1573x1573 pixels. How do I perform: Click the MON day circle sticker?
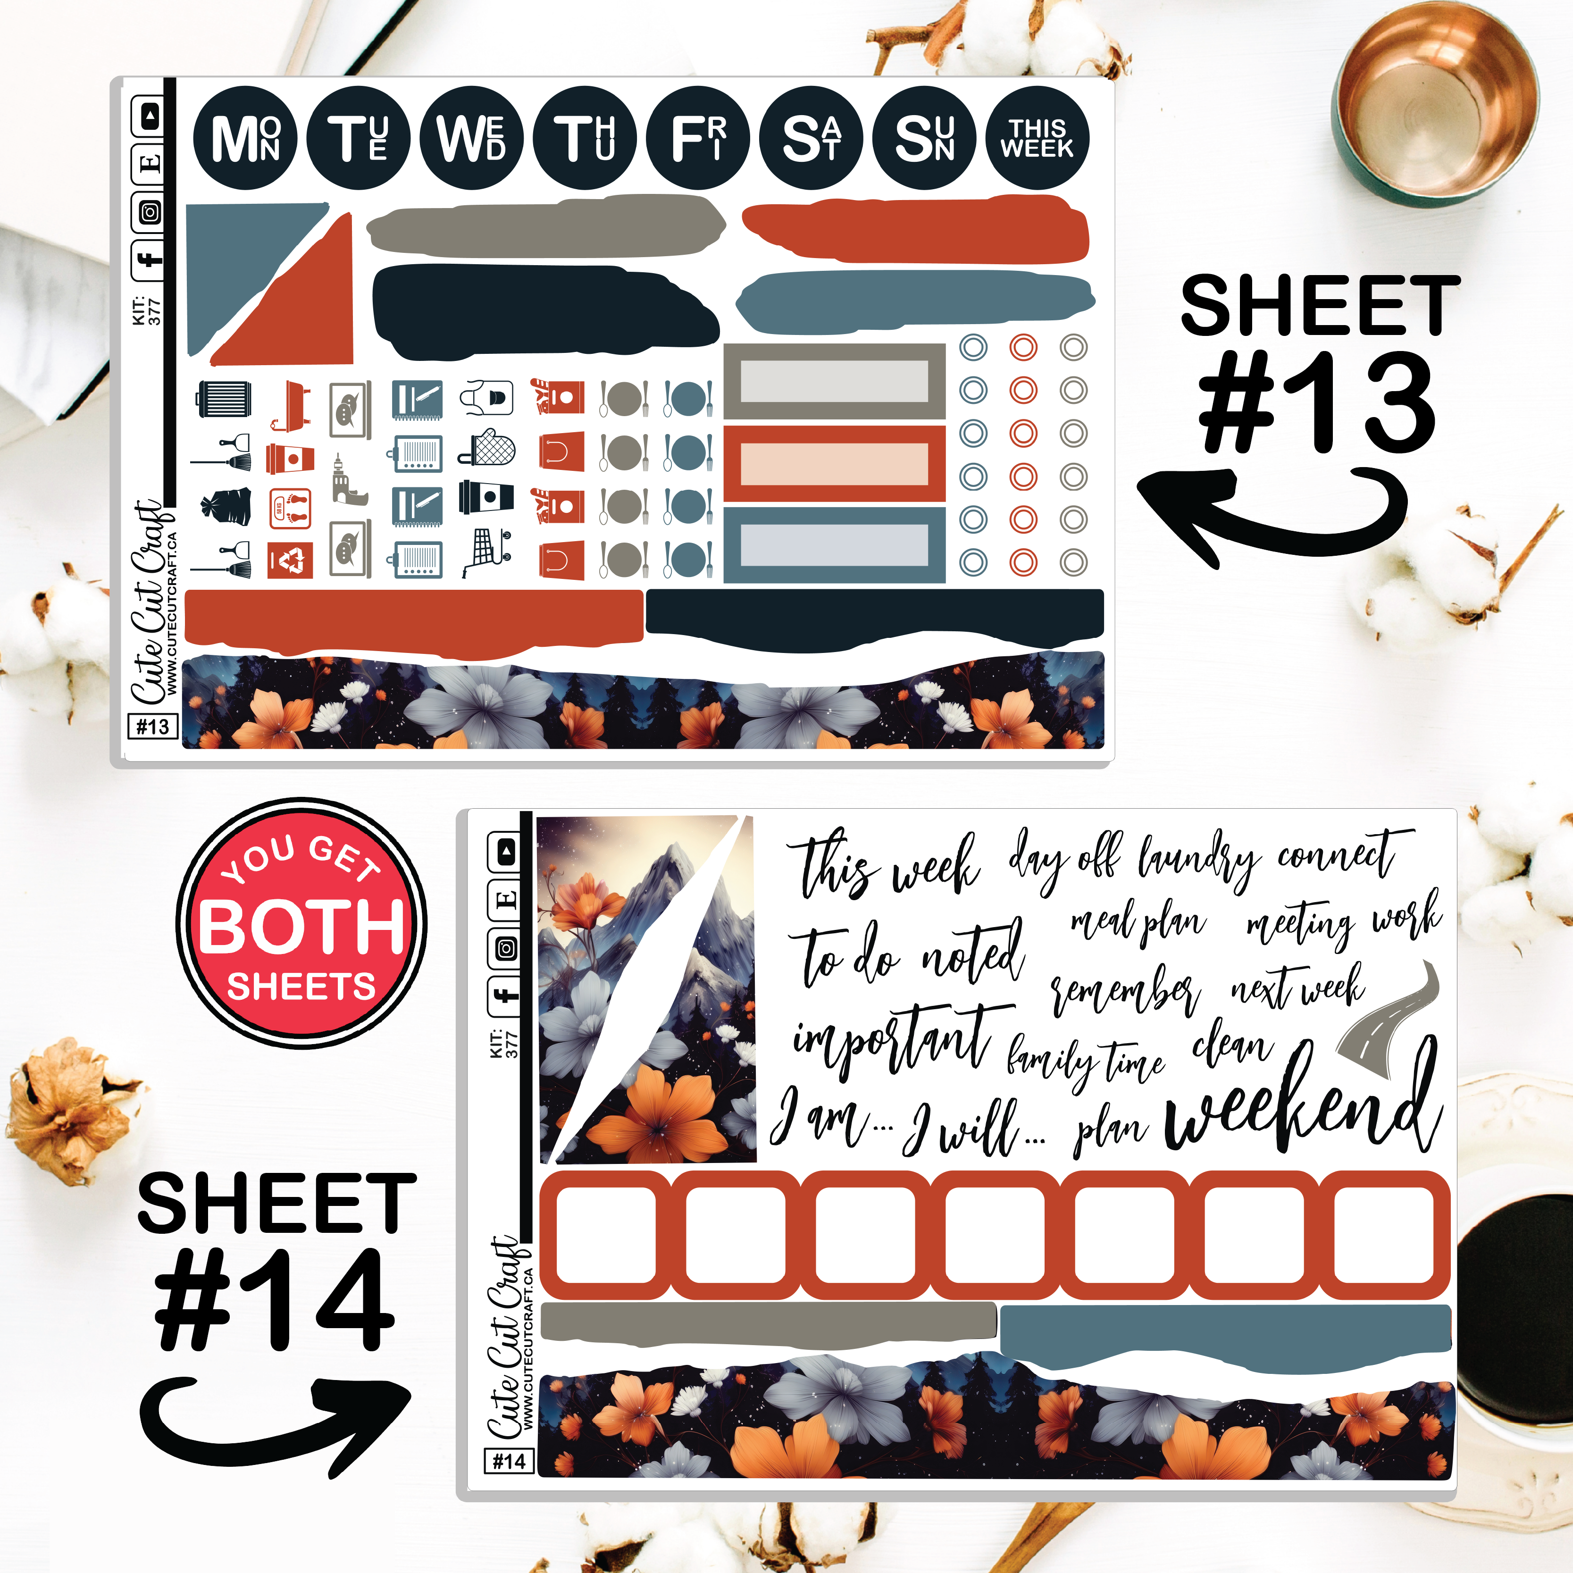[245, 138]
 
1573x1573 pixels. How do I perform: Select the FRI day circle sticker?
[698, 138]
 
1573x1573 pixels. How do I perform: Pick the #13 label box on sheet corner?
[152, 726]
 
